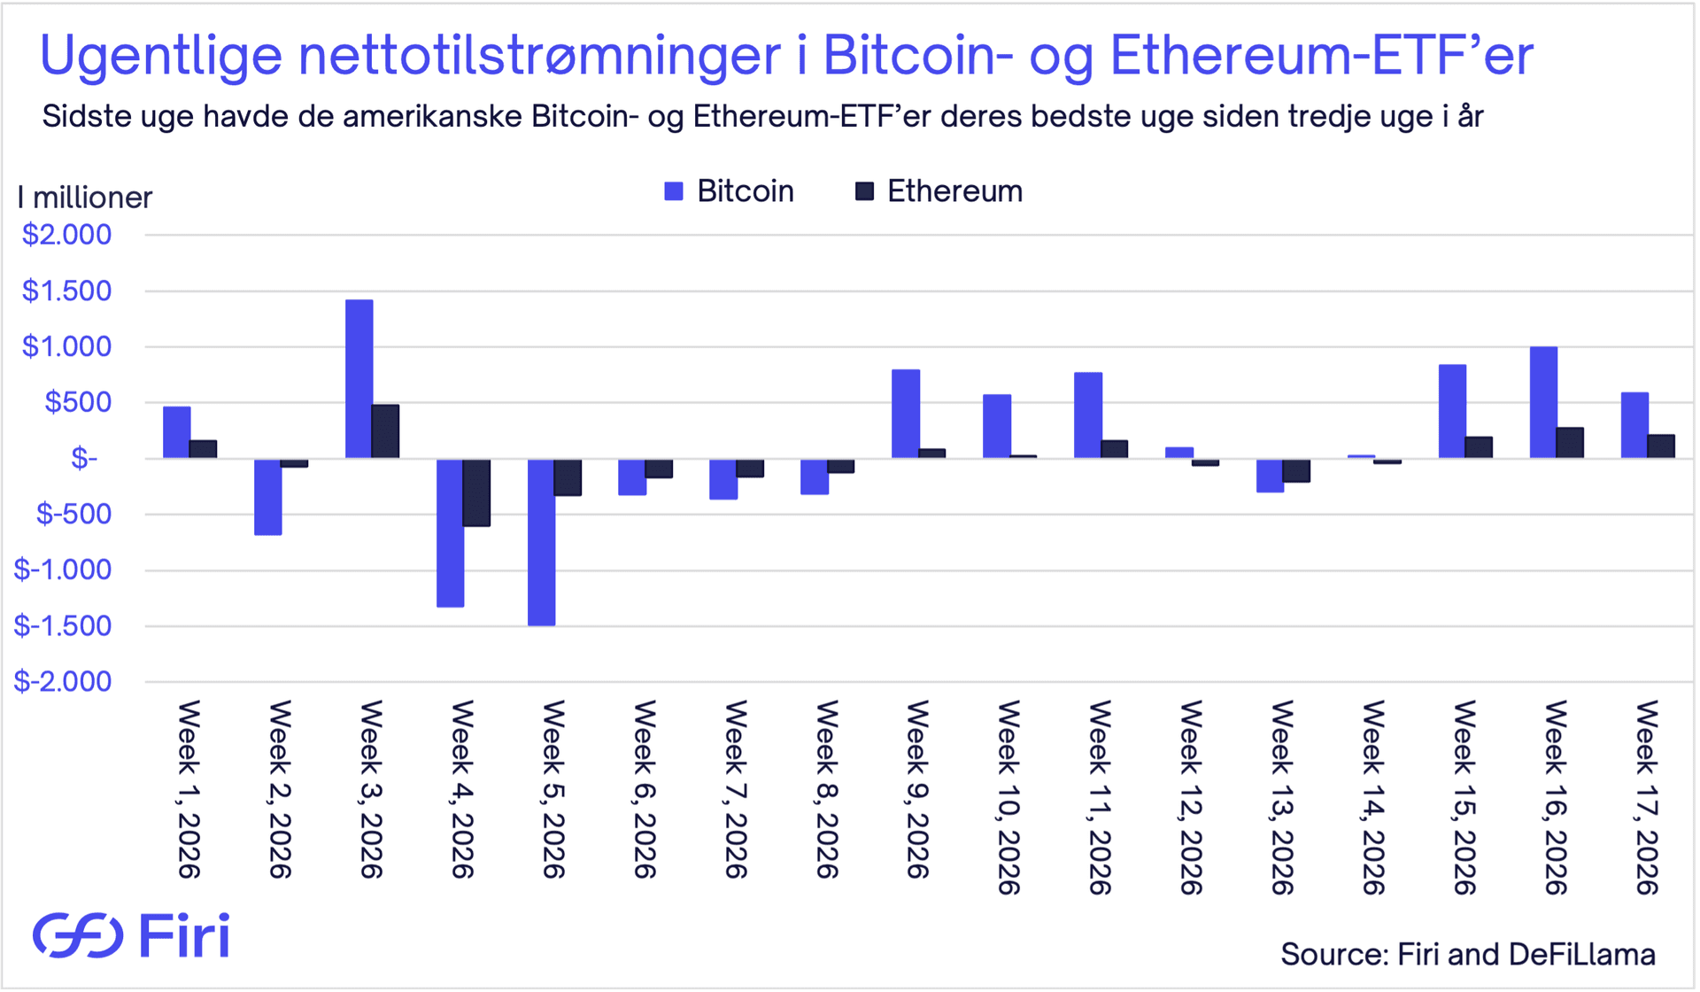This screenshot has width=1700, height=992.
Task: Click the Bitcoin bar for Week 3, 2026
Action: pyautogui.click(x=359, y=379)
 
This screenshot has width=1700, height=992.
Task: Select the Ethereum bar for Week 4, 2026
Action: pyautogui.click(x=476, y=492)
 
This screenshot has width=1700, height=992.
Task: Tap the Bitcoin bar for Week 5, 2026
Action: pyautogui.click(x=541, y=542)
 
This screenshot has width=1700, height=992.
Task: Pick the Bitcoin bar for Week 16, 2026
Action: pyautogui.click(x=1543, y=402)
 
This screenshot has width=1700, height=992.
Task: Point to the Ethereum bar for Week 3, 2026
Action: pyautogui.click(x=385, y=431)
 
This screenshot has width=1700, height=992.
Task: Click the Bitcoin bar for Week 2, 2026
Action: pyautogui.click(x=267, y=497)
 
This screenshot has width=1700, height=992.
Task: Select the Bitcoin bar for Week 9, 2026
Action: pyautogui.click(x=905, y=414)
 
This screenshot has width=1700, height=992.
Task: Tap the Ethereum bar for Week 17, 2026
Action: pyautogui.click(x=1661, y=446)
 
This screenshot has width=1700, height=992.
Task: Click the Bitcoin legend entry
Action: pyautogui.click(x=730, y=191)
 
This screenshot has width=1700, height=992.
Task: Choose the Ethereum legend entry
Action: pyautogui.click(x=939, y=191)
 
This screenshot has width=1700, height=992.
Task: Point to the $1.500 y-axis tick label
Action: pyautogui.click(x=67, y=291)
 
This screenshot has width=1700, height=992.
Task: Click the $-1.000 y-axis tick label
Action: pyautogui.click(x=63, y=570)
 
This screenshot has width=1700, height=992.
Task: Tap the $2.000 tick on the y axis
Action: pyautogui.click(x=67, y=235)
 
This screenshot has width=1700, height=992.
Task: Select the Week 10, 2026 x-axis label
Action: pyautogui.click(x=1008, y=797)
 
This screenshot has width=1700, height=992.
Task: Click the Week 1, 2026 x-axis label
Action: pyautogui.click(x=189, y=789)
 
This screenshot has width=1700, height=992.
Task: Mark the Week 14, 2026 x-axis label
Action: pyautogui.click(x=1373, y=797)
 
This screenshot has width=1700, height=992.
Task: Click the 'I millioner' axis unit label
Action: pyautogui.click(x=85, y=198)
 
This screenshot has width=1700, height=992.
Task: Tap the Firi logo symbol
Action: pyautogui.click(x=78, y=935)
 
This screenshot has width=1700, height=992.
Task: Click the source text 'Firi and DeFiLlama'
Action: pyautogui.click(x=1526, y=954)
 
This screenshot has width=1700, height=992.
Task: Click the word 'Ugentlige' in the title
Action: pyautogui.click(x=161, y=55)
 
